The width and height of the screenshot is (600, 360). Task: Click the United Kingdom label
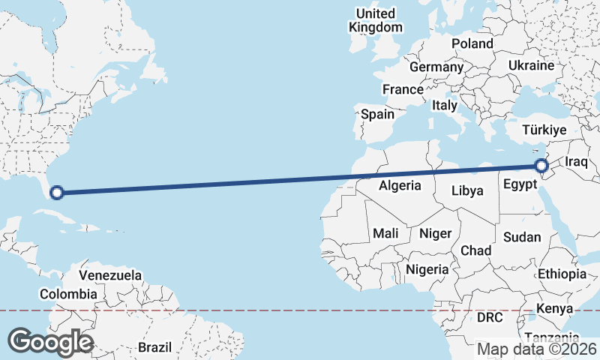pos(376,20)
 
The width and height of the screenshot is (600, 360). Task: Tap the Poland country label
pos(472,43)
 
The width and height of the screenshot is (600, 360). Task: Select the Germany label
pos(436,67)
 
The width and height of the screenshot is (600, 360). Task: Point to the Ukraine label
pos(531,66)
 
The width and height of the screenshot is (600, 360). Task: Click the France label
pos(403,89)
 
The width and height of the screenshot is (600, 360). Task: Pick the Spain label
pos(377,114)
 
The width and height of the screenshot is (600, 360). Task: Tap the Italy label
pos(444,106)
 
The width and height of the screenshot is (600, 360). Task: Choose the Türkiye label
pos(545,130)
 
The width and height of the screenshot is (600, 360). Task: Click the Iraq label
pos(576,162)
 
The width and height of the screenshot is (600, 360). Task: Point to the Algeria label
pos(400,185)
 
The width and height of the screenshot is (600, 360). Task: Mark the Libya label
pos(467,190)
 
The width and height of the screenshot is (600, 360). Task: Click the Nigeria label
pos(427,269)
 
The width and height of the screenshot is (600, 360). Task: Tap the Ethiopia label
pos(562,274)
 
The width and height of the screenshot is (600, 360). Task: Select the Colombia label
pos(68,295)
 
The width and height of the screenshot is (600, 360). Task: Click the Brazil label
pos(155,347)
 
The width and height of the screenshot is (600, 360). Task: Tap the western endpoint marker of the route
pos(56,193)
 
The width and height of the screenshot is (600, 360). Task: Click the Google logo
pos(50,342)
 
